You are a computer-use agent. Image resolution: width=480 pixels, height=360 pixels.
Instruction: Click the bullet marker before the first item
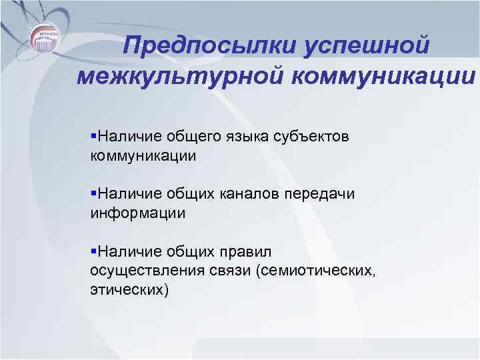coord(93,136)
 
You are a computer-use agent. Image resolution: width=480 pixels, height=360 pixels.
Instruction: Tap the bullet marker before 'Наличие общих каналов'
coord(93,193)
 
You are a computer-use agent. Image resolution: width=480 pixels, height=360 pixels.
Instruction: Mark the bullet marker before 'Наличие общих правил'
coord(93,251)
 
